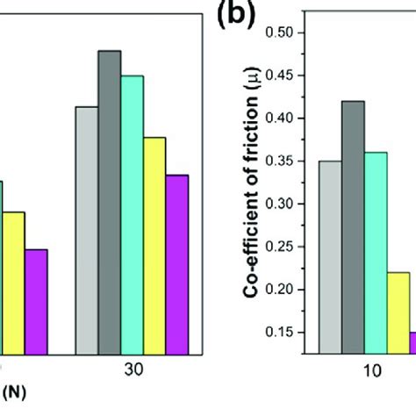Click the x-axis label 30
(132, 370)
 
